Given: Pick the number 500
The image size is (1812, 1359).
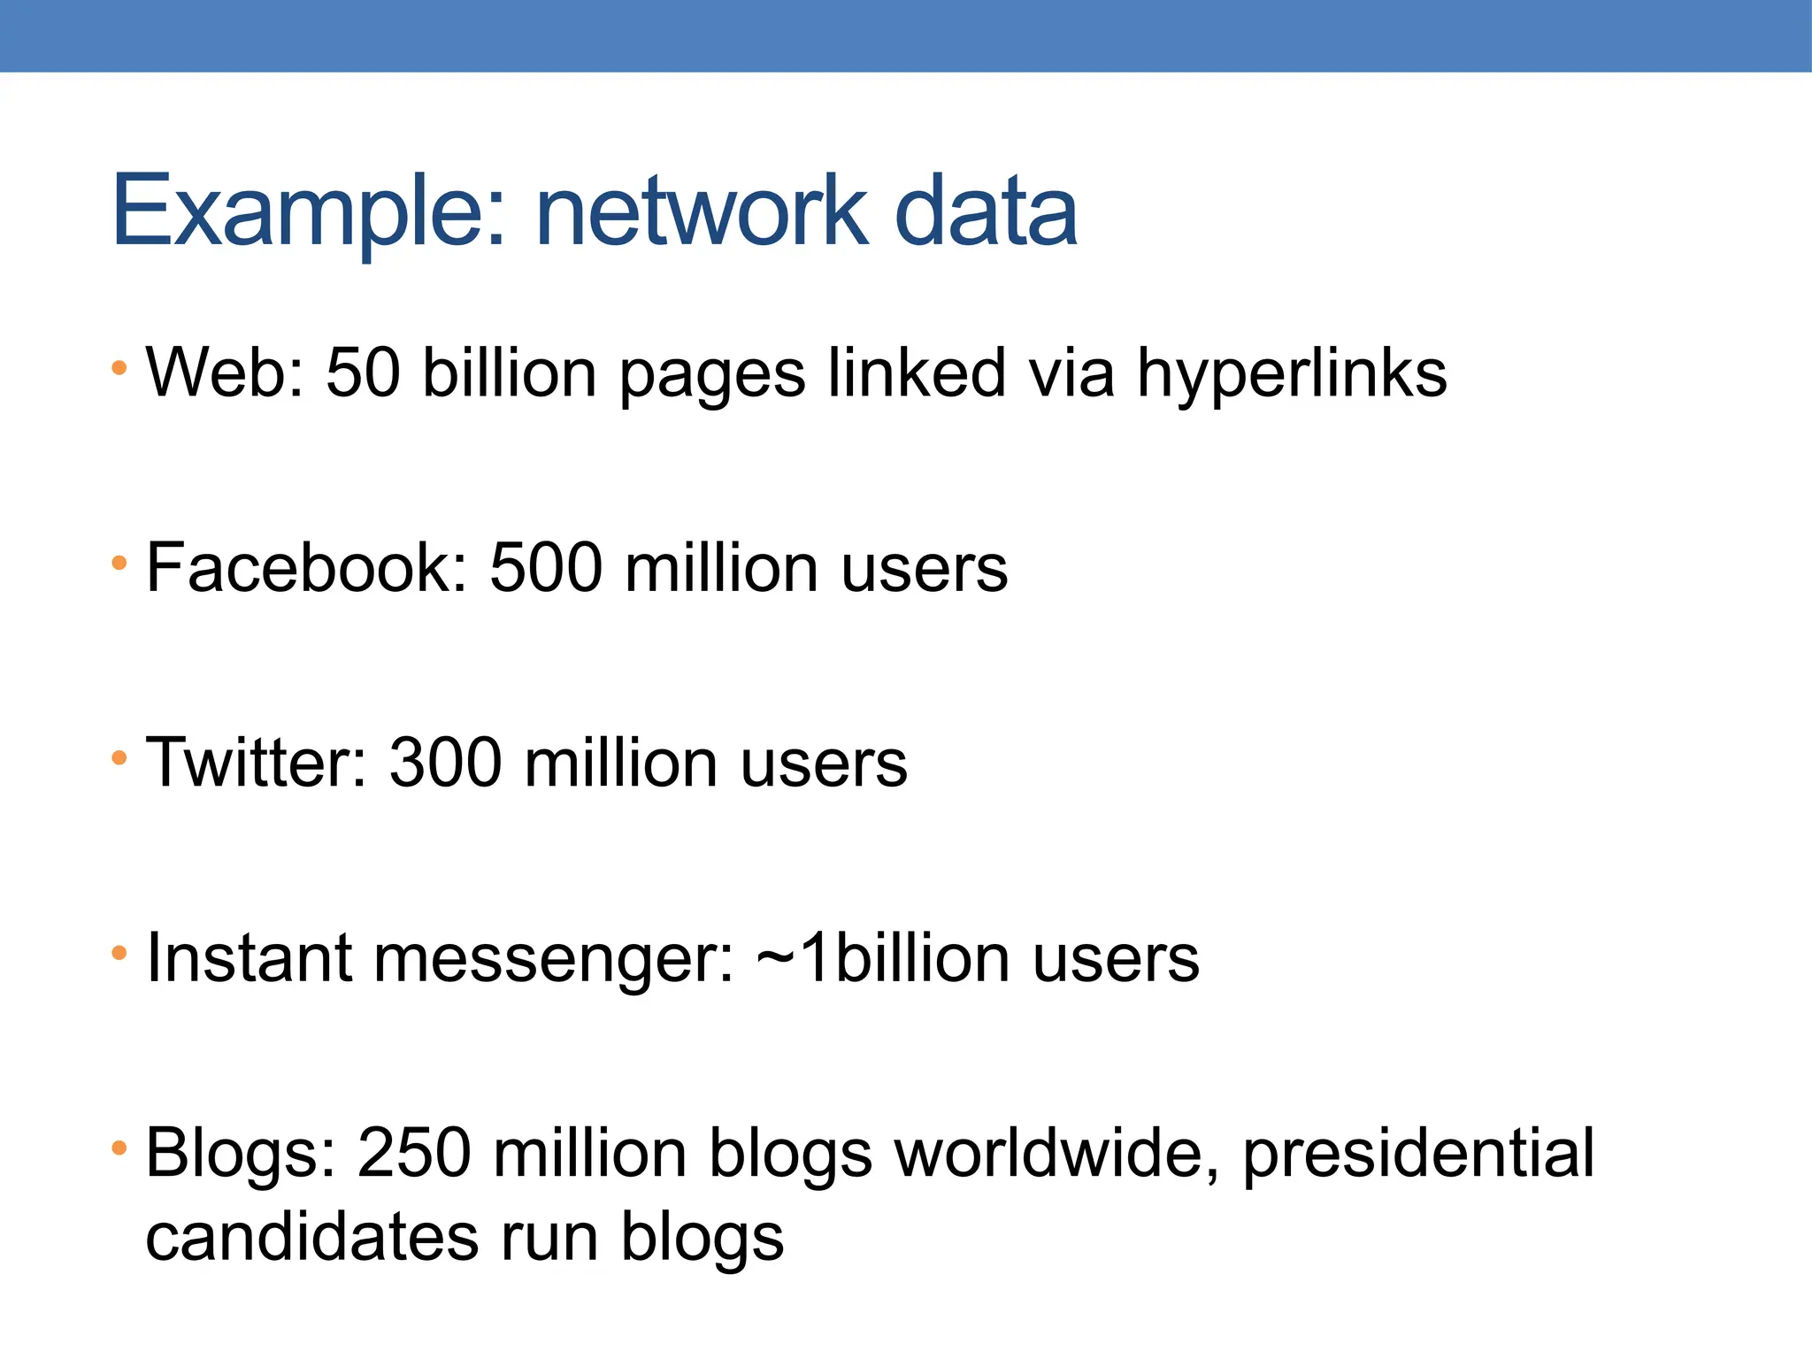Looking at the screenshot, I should coord(546,568).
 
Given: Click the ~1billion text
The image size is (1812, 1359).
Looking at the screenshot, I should coord(884,958).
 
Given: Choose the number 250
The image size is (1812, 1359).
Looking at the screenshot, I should coord(413,1154).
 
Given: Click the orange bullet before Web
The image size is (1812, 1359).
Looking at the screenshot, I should coord(119,367).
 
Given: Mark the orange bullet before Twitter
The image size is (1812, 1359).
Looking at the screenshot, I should coord(119,757).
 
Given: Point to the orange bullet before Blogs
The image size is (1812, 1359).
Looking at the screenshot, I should coord(119,1148).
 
